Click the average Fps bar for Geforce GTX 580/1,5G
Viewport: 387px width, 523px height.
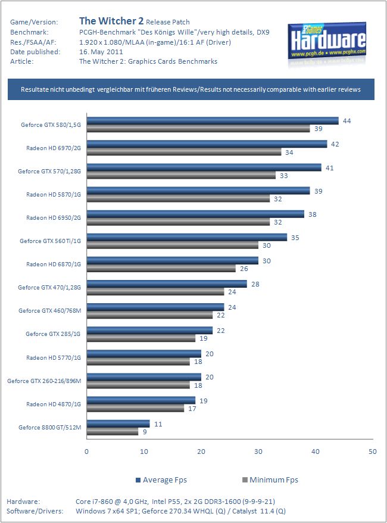[213, 121]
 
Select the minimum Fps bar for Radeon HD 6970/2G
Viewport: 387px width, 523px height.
[184, 152]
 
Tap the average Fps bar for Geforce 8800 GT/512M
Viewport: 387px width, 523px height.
[118, 423]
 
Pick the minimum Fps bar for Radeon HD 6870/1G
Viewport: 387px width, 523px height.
[161, 268]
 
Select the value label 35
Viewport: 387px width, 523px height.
[294, 237]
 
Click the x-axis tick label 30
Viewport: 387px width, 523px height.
[258, 452]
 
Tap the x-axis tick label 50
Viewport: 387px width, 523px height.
[373, 452]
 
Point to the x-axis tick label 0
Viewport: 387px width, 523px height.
[87, 452]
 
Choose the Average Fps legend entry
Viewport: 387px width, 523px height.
[161, 480]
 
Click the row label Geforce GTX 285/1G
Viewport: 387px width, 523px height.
[53, 334]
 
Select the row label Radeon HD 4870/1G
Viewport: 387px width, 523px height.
[54, 404]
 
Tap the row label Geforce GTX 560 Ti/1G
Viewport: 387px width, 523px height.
[50, 241]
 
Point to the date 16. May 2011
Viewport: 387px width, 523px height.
[101, 51]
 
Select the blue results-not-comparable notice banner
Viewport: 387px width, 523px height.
[191, 89]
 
